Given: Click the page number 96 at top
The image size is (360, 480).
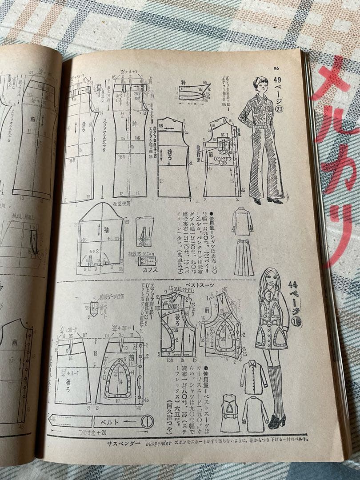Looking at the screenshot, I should click(276, 68).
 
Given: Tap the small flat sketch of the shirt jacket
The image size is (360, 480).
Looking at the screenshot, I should click(242, 222).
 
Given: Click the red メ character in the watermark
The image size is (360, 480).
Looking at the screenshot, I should click(332, 80).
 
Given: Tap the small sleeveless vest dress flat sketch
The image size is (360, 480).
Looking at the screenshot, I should click(230, 413).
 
